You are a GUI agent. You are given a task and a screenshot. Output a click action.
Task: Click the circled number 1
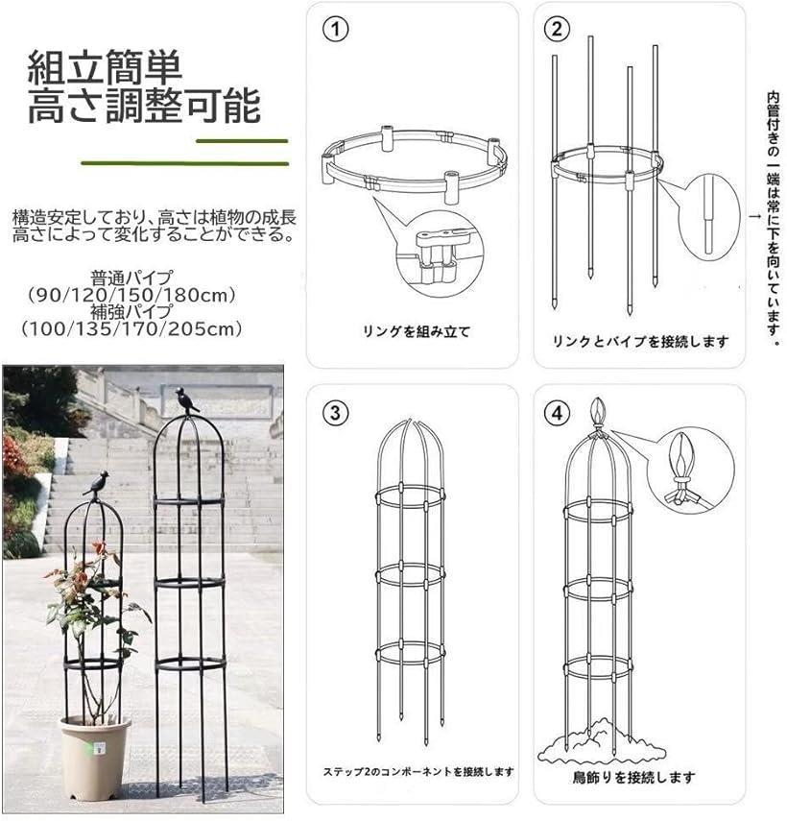click(335, 30)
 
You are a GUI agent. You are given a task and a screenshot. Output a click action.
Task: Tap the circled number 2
click(557, 30)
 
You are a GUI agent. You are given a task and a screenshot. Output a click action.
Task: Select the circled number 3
click(335, 413)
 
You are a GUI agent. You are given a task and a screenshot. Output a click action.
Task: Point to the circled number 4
click(557, 413)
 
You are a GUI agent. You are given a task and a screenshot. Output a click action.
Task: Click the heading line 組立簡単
click(105, 67)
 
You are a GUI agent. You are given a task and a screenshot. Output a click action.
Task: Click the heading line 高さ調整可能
click(144, 107)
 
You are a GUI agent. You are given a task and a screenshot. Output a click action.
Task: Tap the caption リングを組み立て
click(417, 331)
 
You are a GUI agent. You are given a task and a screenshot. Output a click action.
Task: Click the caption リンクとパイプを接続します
click(640, 342)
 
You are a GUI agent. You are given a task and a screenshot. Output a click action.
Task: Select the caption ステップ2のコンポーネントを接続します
click(418, 771)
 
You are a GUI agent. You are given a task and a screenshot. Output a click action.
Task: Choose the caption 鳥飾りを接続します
click(633, 777)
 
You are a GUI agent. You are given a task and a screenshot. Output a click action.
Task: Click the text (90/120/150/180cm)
click(131, 296)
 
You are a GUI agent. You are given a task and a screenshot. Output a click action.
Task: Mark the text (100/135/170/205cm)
click(131, 328)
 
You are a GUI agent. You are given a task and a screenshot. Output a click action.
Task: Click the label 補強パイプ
click(131, 312)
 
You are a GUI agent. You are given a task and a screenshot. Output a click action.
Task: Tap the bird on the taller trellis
click(186, 400)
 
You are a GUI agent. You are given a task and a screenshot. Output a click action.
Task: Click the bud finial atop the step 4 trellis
click(598, 414)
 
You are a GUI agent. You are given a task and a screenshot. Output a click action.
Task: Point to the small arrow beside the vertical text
click(755, 216)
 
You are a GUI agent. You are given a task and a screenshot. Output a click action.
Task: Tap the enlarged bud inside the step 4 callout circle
click(681, 453)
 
